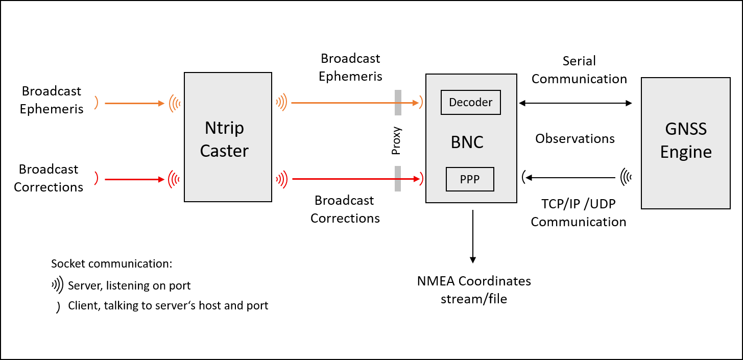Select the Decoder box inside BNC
coord(470,102)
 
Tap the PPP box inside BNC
coord(470,179)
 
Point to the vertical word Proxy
coord(396,140)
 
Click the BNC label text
coord(467,142)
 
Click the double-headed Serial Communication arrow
coord(576,103)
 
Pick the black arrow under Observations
coord(570,178)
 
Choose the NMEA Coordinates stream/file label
coord(474,290)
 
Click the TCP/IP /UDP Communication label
coord(579,213)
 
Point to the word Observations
coord(575,138)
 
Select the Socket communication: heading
coord(112,264)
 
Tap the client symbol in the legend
coord(58,307)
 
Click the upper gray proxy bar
coord(398,103)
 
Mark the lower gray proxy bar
coord(398,179)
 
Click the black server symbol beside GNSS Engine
coord(626,177)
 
